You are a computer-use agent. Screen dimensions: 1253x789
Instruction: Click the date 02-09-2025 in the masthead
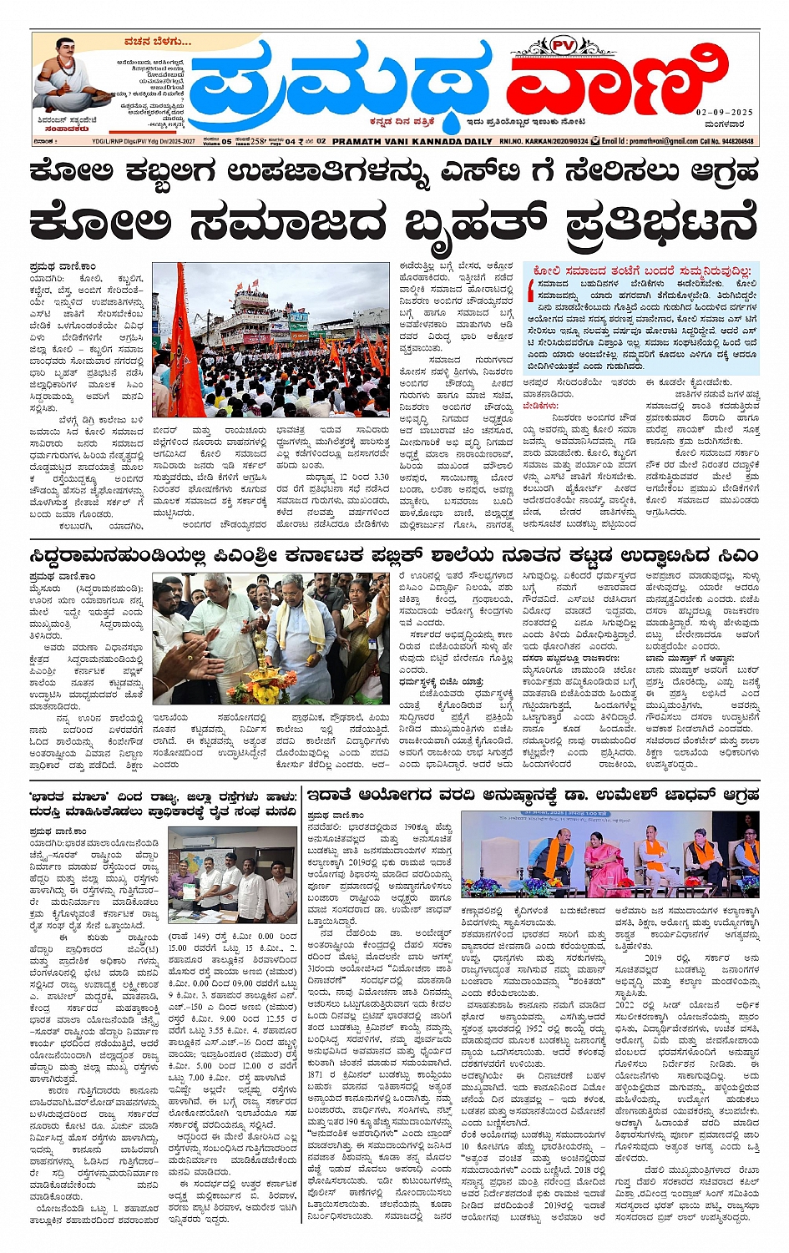(724, 112)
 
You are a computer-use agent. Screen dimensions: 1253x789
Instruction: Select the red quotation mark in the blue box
(530, 289)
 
